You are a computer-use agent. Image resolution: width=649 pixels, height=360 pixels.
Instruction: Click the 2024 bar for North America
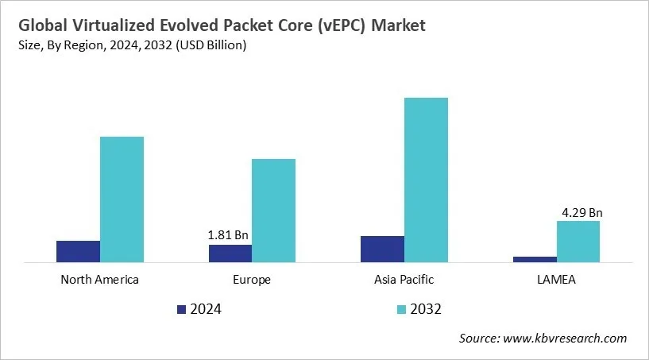point(78,251)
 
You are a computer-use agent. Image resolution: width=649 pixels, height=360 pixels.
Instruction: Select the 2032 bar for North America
point(122,199)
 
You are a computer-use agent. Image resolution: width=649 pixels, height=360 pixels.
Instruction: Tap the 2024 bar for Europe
point(230,253)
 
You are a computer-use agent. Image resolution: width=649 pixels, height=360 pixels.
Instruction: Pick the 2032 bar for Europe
point(273,210)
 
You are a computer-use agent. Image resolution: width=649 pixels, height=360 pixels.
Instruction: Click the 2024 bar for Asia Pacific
point(382,249)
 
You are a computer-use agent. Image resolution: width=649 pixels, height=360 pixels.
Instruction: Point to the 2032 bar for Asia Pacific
point(426,180)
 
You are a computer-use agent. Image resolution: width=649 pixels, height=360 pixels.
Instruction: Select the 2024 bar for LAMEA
point(535,259)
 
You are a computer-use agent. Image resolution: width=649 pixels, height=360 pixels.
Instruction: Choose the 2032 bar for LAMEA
point(578,241)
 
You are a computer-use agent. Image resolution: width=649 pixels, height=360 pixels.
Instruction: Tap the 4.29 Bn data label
point(581,212)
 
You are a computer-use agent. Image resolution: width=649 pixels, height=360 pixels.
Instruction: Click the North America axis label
point(99,280)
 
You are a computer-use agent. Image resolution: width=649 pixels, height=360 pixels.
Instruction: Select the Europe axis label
point(252,280)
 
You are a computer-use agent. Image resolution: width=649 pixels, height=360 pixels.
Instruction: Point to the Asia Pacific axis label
point(404,280)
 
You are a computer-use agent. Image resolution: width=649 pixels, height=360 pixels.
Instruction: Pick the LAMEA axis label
point(556,280)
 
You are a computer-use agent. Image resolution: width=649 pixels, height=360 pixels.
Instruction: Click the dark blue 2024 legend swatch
point(181,308)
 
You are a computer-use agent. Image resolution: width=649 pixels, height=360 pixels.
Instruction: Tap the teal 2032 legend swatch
point(401,308)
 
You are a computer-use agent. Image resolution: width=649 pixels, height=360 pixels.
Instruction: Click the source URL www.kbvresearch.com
point(566,339)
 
